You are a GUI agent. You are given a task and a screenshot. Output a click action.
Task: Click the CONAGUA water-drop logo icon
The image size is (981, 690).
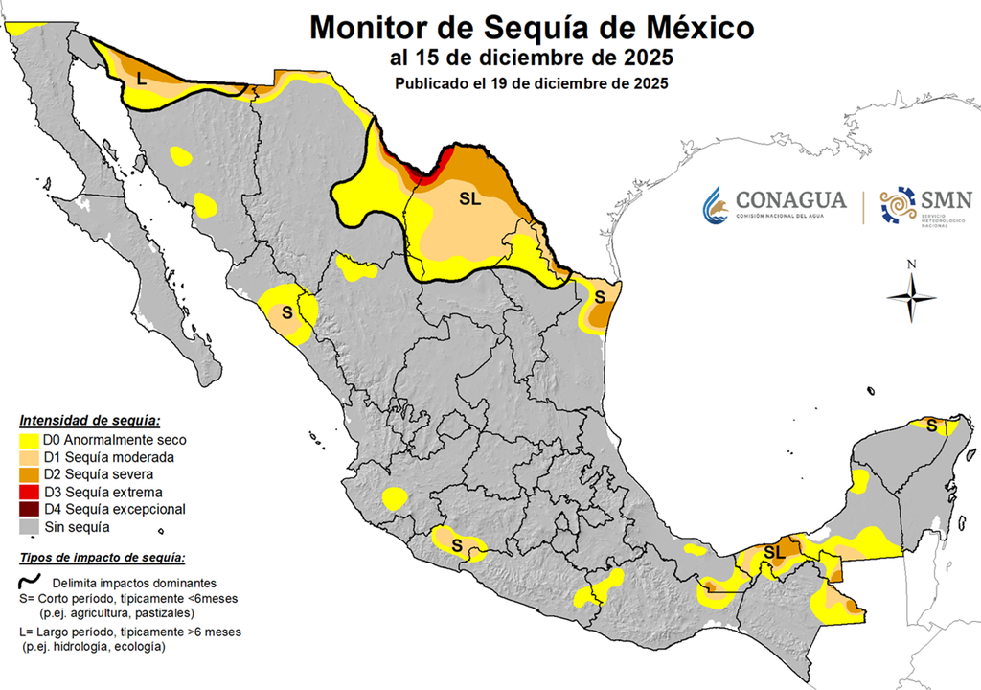click(x=716, y=203)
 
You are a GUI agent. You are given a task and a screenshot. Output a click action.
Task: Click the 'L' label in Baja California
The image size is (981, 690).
click(x=141, y=79)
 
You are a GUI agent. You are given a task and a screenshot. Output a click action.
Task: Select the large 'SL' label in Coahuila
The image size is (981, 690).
click(x=469, y=200)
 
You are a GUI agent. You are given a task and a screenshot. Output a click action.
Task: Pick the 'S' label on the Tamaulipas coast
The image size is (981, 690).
click(x=599, y=295)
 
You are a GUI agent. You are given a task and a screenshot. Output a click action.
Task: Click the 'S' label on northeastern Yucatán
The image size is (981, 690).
click(x=931, y=425)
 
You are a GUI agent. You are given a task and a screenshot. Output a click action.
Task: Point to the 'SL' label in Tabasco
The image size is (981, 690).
click(x=774, y=551)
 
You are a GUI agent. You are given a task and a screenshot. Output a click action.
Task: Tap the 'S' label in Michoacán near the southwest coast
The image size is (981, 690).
click(x=457, y=546)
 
